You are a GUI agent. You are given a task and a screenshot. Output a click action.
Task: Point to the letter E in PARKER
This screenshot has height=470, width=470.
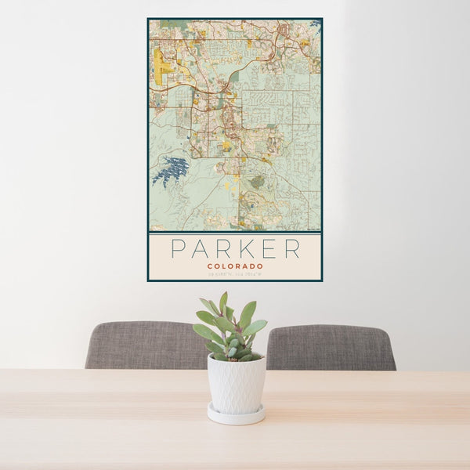[267, 249]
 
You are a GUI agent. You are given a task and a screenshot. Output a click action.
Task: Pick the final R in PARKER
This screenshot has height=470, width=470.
[291, 249]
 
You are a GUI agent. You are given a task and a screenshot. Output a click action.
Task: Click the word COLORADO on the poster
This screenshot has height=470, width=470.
[235, 266]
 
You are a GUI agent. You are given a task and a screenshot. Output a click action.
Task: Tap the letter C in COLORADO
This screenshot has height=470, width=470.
[210, 266]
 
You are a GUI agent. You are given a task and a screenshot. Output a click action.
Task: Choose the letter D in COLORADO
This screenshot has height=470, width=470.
[251, 266]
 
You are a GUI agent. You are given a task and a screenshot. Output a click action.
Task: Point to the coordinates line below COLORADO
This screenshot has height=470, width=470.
[235, 273]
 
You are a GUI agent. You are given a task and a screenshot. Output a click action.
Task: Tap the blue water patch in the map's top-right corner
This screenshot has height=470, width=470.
[316, 26]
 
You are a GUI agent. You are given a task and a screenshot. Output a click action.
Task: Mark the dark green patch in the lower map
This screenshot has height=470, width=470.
[257, 182]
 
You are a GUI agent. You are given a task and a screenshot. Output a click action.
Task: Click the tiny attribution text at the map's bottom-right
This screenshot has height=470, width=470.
[313, 229]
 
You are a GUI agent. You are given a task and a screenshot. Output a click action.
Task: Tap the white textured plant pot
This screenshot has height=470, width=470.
[236, 383]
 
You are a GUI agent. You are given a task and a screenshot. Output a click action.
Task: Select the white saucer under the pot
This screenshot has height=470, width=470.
[236, 415]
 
